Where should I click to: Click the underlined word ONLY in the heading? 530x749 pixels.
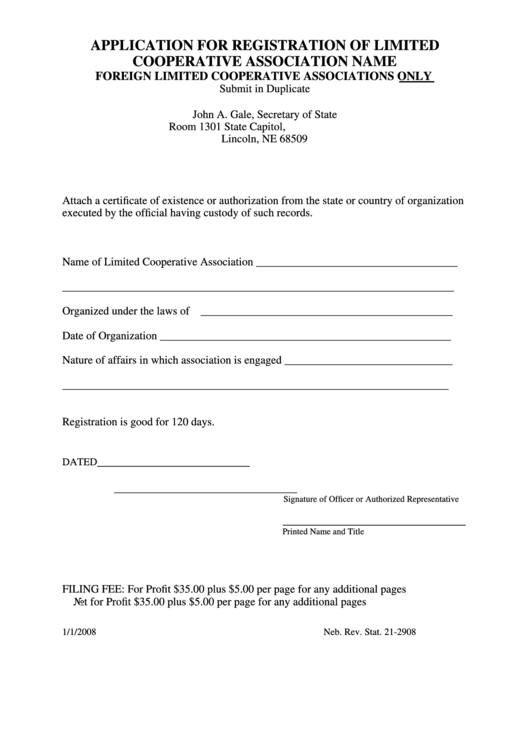(x=414, y=76)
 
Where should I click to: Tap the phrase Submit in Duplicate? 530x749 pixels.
(x=264, y=90)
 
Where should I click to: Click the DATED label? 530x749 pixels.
(x=79, y=463)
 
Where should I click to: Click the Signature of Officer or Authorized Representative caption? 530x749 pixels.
(x=370, y=498)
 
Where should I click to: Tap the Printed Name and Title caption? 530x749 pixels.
(x=323, y=532)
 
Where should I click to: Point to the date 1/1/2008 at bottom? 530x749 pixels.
(x=79, y=633)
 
